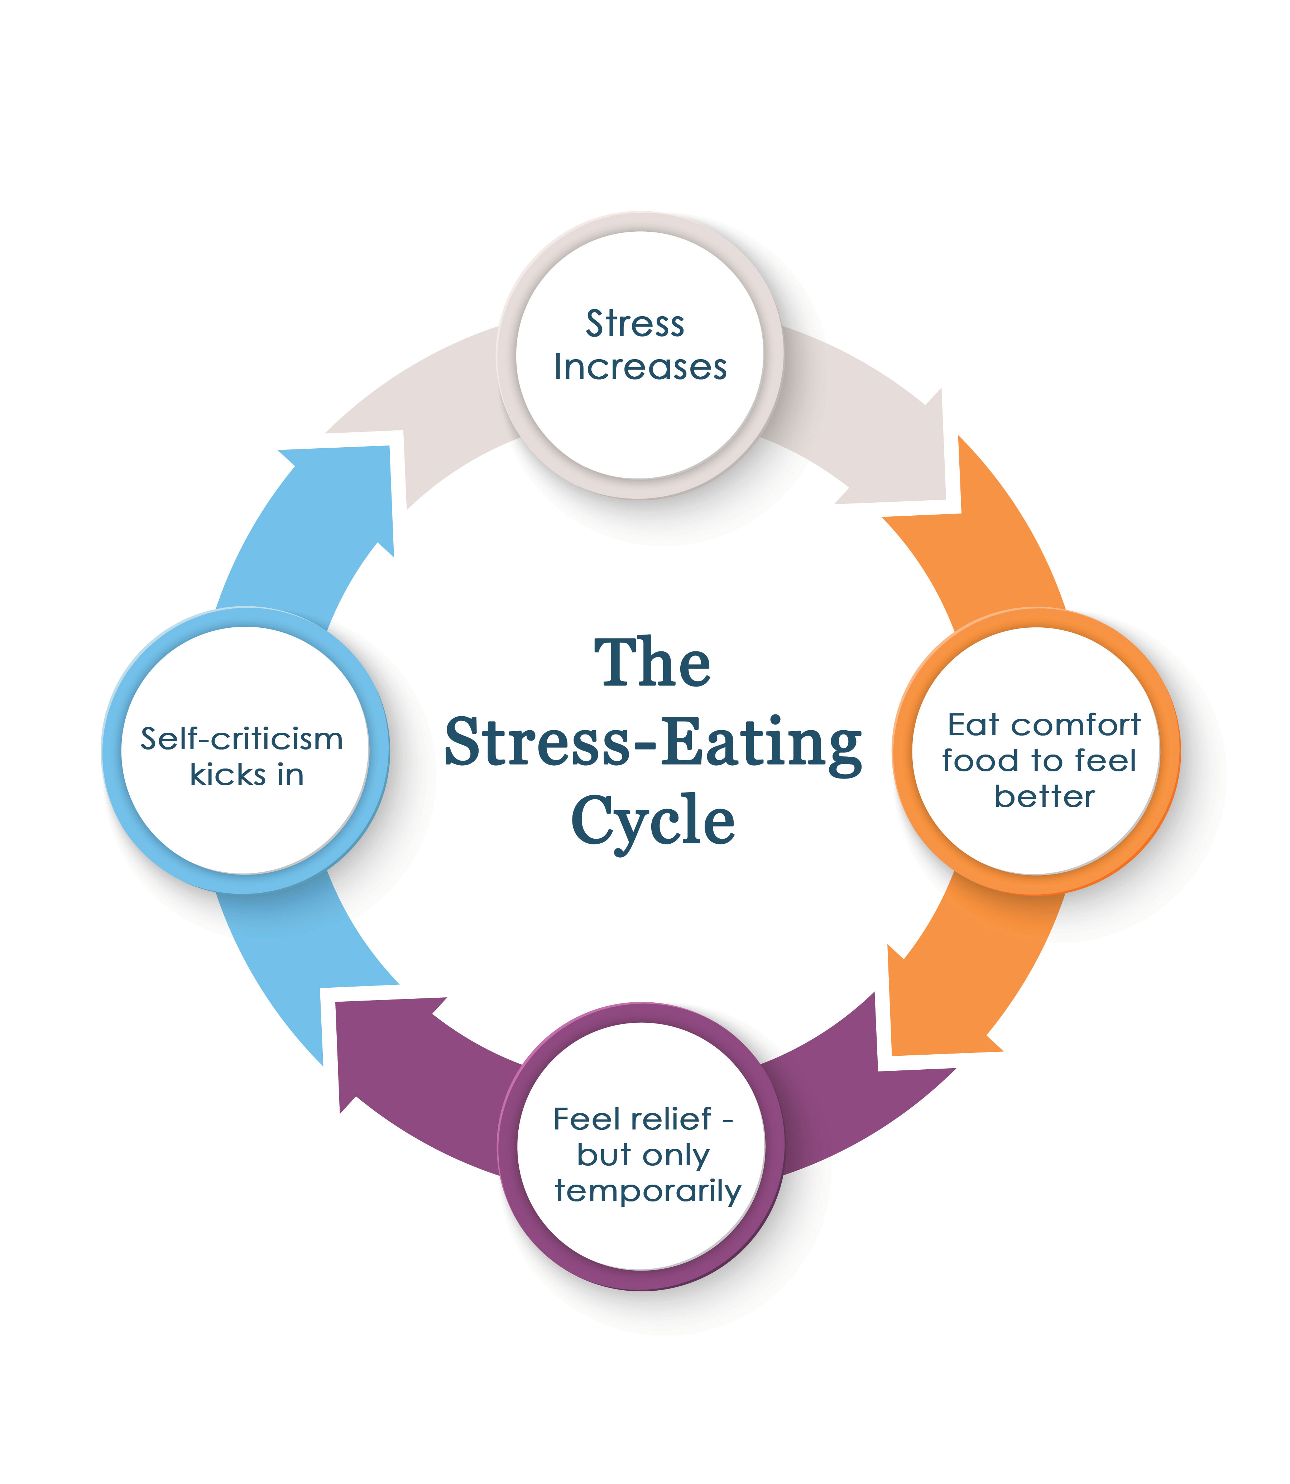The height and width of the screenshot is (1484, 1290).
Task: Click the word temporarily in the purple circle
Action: (647, 1191)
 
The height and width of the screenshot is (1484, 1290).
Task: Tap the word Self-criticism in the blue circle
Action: (241, 739)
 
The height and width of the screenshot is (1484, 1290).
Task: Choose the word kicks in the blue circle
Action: (227, 775)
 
